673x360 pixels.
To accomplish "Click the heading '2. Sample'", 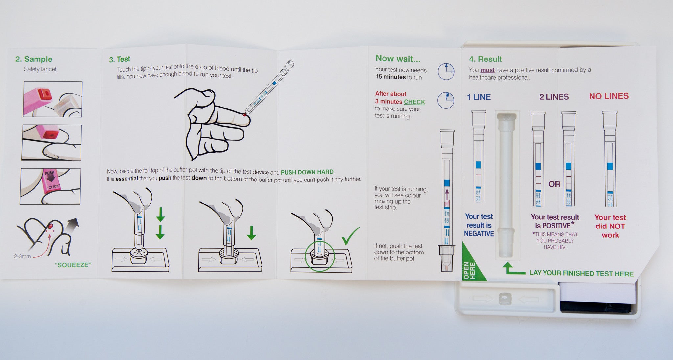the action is (x=34, y=59).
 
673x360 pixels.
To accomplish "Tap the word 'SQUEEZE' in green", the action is (x=73, y=265).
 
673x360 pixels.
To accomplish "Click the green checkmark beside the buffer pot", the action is (x=351, y=236).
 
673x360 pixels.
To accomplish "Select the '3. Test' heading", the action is (x=120, y=60).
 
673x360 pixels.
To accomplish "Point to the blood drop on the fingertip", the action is (x=244, y=114).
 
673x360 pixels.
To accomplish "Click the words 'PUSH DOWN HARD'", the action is (x=307, y=172).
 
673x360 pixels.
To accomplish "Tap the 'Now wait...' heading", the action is (x=398, y=59).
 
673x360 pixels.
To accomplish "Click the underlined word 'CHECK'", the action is (x=414, y=102).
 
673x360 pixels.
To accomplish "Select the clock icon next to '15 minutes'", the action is (x=446, y=71).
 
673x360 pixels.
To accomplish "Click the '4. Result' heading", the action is (x=485, y=59).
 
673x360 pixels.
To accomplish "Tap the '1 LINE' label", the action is (x=479, y=97).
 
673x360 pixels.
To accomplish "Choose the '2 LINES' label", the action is (x=554, y=97).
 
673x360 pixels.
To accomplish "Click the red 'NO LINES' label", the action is (x=609, y=96).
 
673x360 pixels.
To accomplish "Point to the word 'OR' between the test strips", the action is (x=554, y=184).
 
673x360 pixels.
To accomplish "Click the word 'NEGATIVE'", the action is (x=479, y=234).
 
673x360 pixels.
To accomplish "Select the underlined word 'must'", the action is (x=487, y=70).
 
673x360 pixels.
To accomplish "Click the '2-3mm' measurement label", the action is (x=22, y=256).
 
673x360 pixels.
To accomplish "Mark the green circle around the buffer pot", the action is (x=305, y=256).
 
